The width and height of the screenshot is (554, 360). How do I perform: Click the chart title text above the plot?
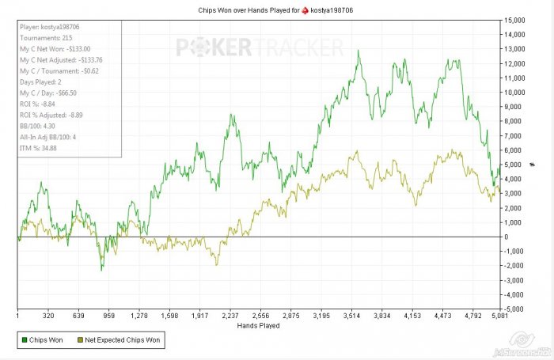pyautogui.click(x=276, y=9)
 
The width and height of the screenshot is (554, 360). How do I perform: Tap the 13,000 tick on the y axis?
pyautogui.click(x=515, y=48)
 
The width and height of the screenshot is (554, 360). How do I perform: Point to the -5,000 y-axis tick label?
pyautogui.click(x=515, y=309)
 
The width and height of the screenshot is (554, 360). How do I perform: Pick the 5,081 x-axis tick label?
pyautogui.click(x=498, y=314)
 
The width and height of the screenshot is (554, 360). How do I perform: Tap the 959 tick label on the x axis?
pyautogui.click(x=109, y=314)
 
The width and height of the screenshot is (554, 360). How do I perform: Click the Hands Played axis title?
pyautogui.click(x=258, y=324)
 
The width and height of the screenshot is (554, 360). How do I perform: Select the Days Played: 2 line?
pyautogui.click(x=40, y=81)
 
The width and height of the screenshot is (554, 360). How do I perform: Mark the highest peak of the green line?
pyautogui.click(x=359, y=51)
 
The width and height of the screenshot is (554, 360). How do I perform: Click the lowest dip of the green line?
pyautogui.click(x=101, y=271)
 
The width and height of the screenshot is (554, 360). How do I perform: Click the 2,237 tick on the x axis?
pyautogui.click(x=230, y=314)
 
